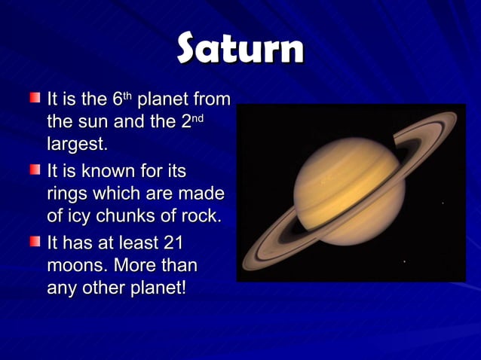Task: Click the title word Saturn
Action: [240, 49]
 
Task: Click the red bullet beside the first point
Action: [35, 98]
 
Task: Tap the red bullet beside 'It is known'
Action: [35, 170]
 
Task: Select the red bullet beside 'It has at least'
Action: [35, 243]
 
